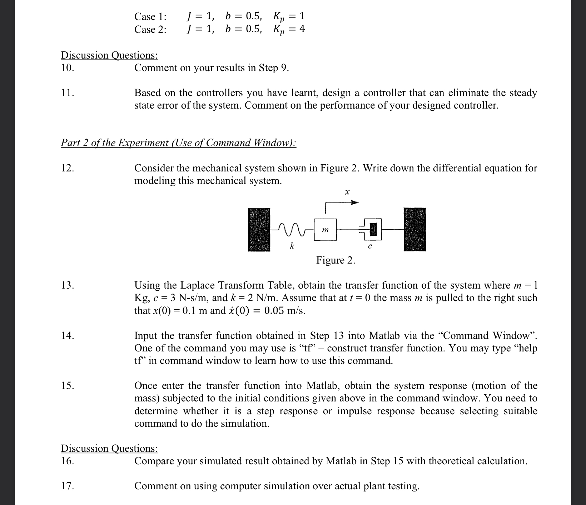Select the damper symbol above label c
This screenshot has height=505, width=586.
pos(372,230)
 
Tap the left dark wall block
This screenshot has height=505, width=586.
pos(259,229)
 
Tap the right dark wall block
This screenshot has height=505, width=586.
pos(415,229)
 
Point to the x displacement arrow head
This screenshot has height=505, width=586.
pos(354,203)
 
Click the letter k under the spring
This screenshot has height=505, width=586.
pos(292,246)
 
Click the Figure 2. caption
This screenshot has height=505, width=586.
pos(336,260)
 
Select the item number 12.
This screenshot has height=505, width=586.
pos(68,168)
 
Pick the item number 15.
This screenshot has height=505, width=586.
pos(68,385)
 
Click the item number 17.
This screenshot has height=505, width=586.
pos(68,486)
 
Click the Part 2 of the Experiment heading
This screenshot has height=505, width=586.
pos(178,143)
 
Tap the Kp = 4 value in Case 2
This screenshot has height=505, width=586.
pos(289,29)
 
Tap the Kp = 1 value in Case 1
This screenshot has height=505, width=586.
pos(289,16)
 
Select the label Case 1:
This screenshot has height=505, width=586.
pos(150,16)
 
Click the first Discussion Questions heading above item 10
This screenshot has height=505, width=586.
pos(109,55)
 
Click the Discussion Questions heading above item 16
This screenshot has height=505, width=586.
pos(109,448)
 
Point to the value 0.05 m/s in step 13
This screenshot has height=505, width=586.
pos(284,310)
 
